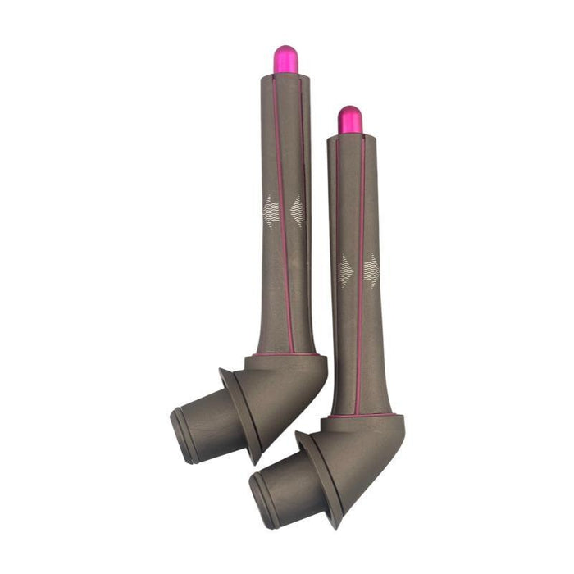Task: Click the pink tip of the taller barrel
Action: [x=285, y=59]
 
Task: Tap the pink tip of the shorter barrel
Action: [x=350, y=120]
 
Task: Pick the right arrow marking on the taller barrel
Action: [x=297, y=211]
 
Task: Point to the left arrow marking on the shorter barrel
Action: [x=345, y=271]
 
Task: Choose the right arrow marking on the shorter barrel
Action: [x=371, y=270]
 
